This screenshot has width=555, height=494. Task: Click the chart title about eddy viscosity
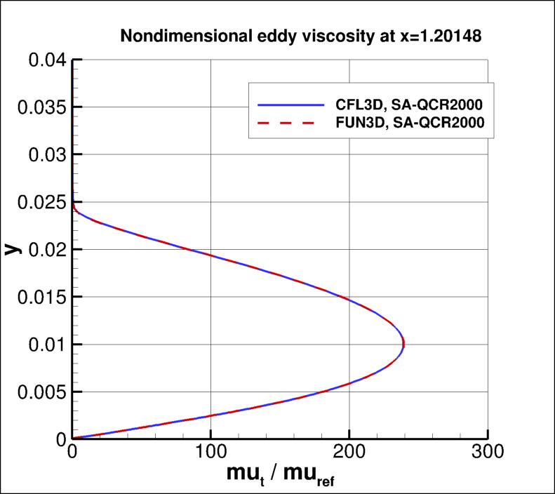[300, 36]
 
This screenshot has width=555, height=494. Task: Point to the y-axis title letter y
[12, 249]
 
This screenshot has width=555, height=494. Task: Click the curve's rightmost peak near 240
[403, 344]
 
